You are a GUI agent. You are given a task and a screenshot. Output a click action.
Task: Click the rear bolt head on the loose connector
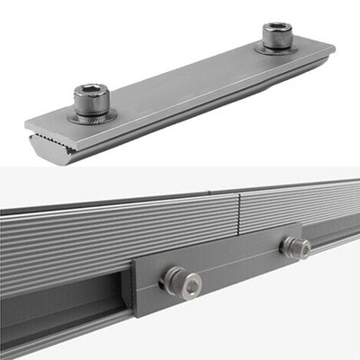278,37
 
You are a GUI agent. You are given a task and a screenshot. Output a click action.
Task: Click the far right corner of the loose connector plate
332,47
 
